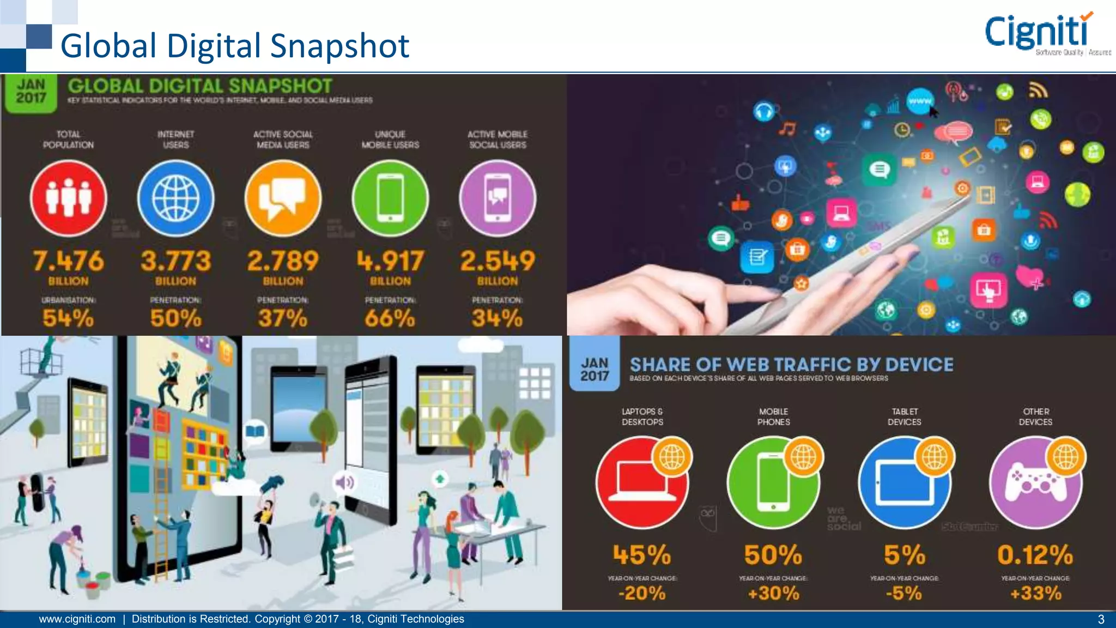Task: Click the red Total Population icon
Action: pos(68,198)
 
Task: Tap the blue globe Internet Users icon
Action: pos(175,198)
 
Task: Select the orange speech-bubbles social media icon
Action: pos(283,198)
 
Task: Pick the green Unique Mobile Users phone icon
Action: pos(390,198)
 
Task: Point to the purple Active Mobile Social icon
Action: pos(498,198)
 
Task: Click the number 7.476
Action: pos(68,261)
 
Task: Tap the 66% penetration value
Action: pos(390,318)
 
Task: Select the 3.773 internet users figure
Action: pos(175,261)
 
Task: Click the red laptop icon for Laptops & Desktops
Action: pos(642,483)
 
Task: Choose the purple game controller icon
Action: pos(1035,483)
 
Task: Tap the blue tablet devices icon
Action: pos(905,483)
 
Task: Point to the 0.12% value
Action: pos(1035,555)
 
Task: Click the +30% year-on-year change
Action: pos(773,593)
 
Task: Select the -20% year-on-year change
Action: pos(642,593)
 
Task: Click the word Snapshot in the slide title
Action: pos(339,46)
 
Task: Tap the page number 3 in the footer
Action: pos(1101,619)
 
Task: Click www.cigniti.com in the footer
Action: pos(77,619)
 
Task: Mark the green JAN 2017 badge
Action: pos(31,92)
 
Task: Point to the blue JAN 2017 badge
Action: pos(595,369)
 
